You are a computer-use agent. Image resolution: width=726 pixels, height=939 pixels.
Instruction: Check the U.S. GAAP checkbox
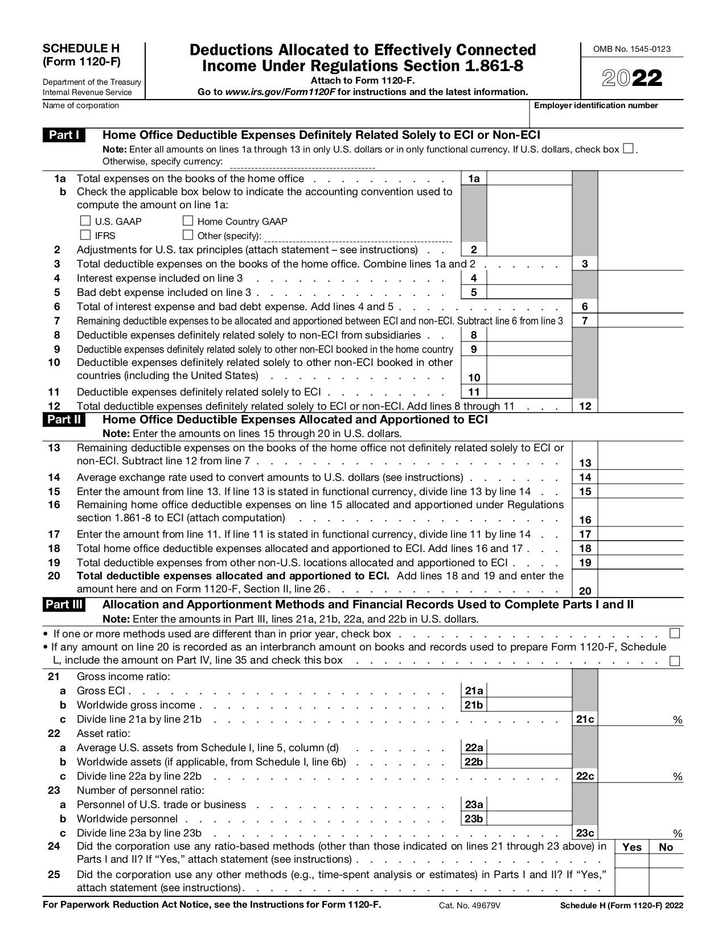click(x=85, y=220)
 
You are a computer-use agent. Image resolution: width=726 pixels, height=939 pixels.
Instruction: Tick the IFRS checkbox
click(x=85, y=234)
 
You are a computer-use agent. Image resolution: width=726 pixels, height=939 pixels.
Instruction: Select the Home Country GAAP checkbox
click(x=188, y=220)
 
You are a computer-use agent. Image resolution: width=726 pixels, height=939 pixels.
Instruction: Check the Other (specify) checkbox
click(x=188, y=234)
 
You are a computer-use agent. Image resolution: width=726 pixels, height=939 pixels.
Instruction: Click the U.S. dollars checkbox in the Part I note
click(x=628, y=149)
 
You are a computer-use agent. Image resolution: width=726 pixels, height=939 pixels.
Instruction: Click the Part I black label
click(x=64, y=135)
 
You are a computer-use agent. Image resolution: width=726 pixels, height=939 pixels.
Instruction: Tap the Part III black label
click(x=64, y=604)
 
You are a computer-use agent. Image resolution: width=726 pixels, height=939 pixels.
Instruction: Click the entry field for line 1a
click(x=529, y=178)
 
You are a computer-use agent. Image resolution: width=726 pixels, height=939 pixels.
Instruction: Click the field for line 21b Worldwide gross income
click(x=529, y=705)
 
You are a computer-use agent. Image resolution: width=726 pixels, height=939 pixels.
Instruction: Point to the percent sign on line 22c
click(x=677, y=777)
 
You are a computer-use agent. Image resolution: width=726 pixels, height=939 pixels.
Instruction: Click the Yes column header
click(x=631, y=847)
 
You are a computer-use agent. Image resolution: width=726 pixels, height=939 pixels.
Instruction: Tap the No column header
click(x=666, y=847)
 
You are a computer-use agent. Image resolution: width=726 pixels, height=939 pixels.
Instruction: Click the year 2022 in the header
click(x=632, y=79)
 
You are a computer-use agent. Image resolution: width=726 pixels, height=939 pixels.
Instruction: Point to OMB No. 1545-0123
click(x=632, y=49)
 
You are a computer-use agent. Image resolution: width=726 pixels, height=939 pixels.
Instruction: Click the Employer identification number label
click(x=596, y=105)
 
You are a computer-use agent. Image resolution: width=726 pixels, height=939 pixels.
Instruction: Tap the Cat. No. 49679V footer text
click(x=469, y=905)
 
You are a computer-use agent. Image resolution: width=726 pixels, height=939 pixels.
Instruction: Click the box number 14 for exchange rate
click(x=585, y=477)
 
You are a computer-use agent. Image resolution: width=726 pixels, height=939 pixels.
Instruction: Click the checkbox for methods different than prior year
click(x=675, y=633)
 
